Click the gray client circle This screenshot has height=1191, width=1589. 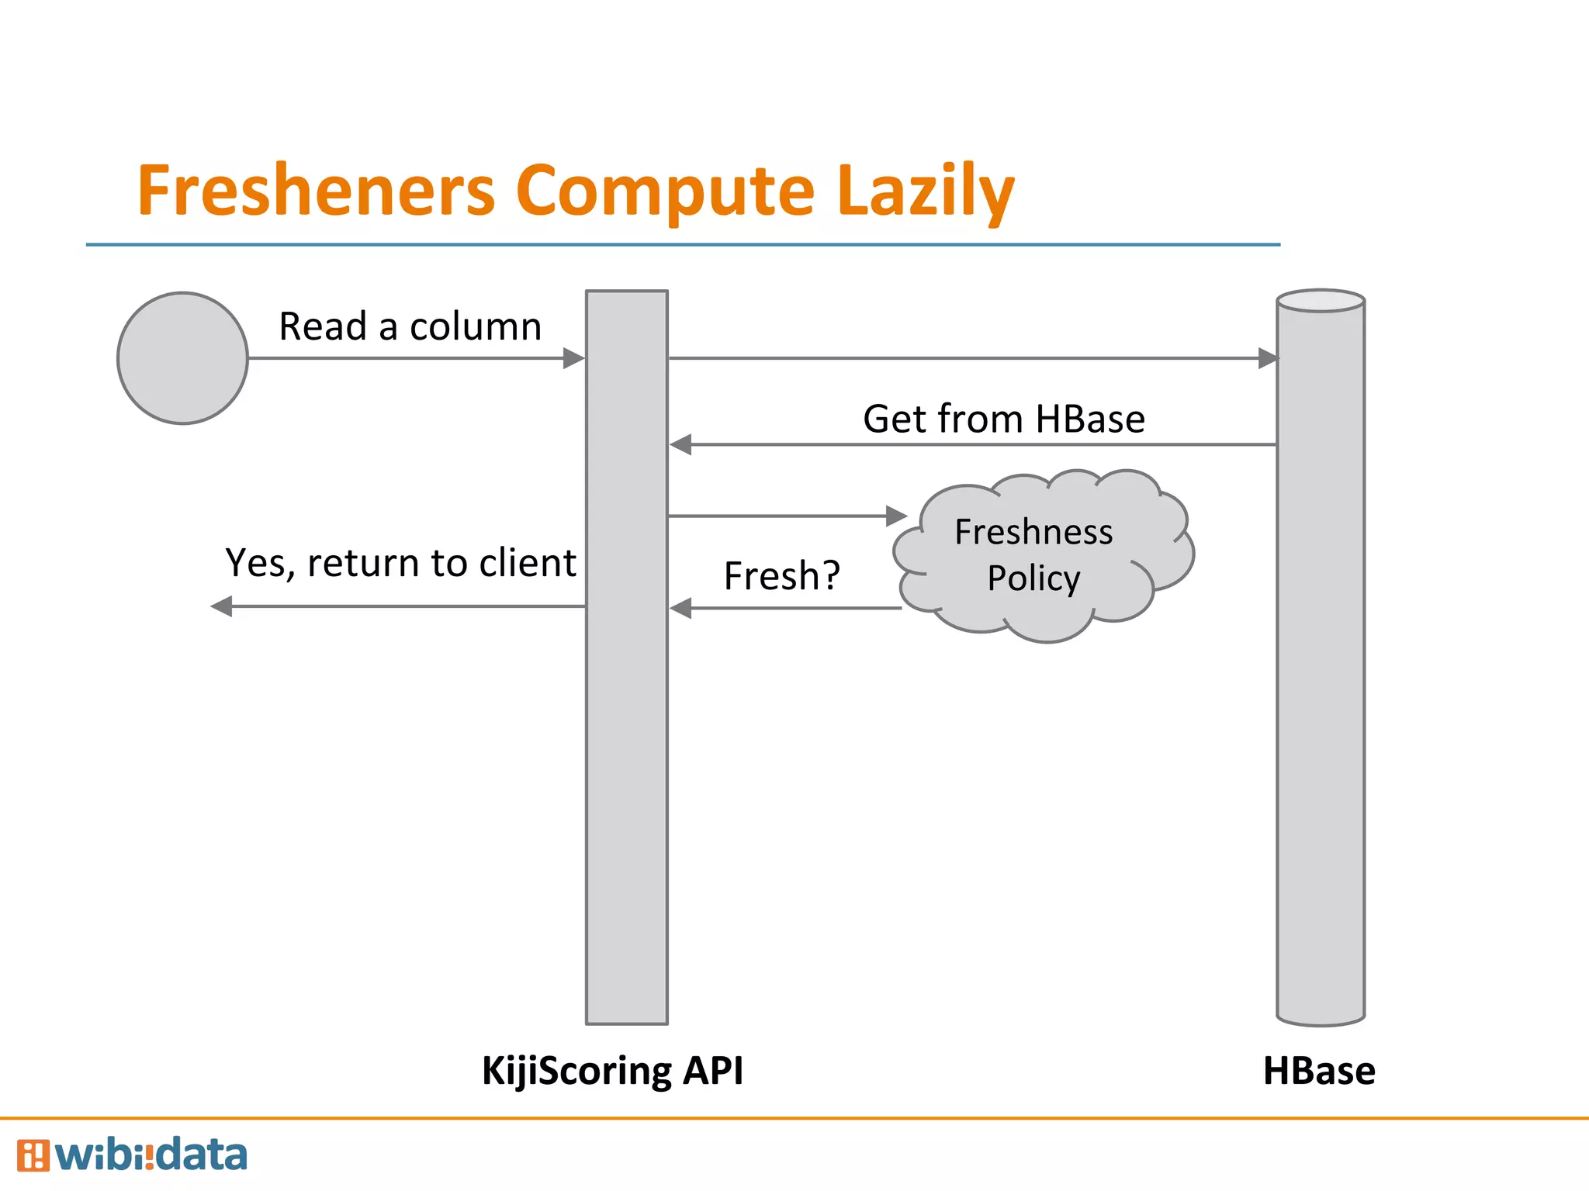[x=182, y=358]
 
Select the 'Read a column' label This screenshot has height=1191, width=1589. [x=410, y=326]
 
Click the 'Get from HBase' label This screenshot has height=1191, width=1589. [x=1003, y=419]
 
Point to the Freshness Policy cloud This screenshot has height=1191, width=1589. [x=1040, y=555]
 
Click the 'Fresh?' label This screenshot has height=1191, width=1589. [x=781, y=576]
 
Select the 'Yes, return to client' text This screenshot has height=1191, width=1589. [x=400, y=563]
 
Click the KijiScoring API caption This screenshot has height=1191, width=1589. [x=612, y=1071]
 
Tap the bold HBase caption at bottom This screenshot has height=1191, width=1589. [x=1319, y=1071]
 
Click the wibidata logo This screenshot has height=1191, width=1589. [x=132, y=1155]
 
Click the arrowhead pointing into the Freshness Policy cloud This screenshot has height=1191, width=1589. [x=896, y=516]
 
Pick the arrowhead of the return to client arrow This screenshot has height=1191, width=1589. [x=223, y=606]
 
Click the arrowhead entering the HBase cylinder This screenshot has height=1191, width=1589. [x=1267, y=358]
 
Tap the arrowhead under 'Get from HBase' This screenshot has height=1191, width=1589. [x=681, y=445]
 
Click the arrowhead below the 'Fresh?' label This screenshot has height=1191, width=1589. [x=681, y=609]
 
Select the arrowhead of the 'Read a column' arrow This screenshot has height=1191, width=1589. [x=573, y=358]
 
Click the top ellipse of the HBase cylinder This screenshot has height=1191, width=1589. [x=1321, y=301]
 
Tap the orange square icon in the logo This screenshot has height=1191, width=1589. [x=33, y=1155]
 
